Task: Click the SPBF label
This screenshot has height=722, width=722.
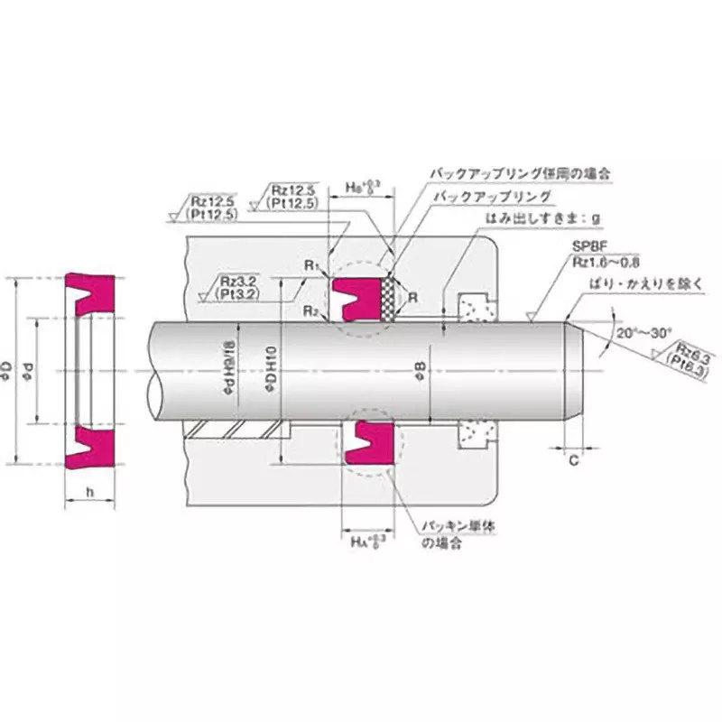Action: click(x=582, y=245)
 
